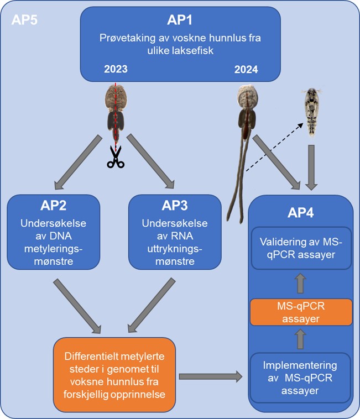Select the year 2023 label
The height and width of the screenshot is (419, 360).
tap(116, 70)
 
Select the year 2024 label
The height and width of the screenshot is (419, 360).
tap(246, 70)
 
